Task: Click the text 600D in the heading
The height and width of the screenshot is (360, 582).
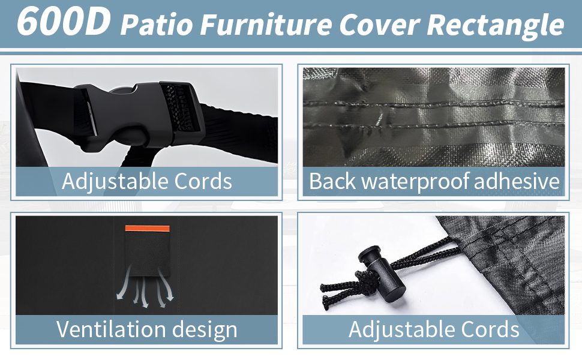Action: (64, 21)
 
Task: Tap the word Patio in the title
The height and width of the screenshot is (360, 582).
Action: (157, 25)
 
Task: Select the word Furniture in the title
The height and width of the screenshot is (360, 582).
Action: (266, 25)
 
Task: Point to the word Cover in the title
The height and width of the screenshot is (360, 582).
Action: (379, 25)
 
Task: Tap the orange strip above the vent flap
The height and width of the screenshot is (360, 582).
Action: (148, 228)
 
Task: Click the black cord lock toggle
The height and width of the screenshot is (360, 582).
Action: (382, 272)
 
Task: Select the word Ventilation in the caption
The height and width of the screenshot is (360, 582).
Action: (110, 329)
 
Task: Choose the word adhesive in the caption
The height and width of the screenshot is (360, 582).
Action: (517, 181)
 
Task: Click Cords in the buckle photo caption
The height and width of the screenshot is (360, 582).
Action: (203, 181)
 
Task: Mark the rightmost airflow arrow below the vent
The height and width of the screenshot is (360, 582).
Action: (166, 284)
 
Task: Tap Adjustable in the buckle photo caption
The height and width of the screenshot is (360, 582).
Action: (115, 182)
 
